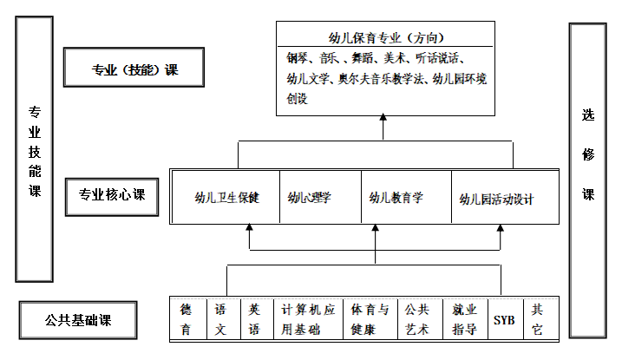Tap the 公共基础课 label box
(x=78, y=319)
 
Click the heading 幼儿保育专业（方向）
(x=386, y=38)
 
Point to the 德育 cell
(x=186, y=318)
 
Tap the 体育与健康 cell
(x=370, y=318)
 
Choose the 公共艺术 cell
(x=418, y=318)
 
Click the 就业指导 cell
(x=464, y=318)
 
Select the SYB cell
(x=504, y=319)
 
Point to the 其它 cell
(x=540, y=318)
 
